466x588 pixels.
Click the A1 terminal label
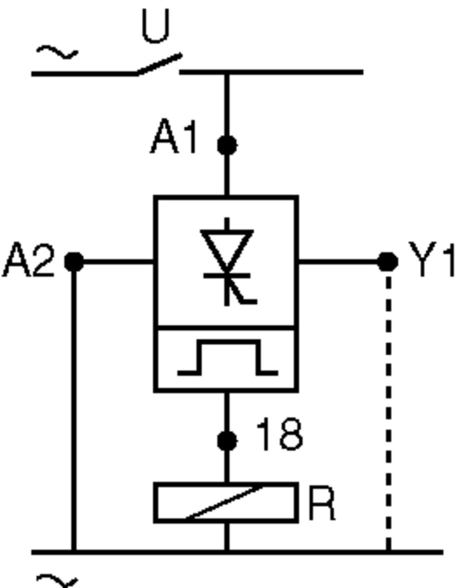[174, 137]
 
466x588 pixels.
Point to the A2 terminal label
[28, 260]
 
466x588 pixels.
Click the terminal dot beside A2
[74, 262]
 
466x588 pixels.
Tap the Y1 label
[432, 260]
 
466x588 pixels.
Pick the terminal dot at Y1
[388, 262]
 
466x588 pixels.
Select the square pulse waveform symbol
[228, 358]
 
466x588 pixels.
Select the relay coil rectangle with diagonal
[226, 503]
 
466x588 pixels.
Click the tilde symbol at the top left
[57, 52]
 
